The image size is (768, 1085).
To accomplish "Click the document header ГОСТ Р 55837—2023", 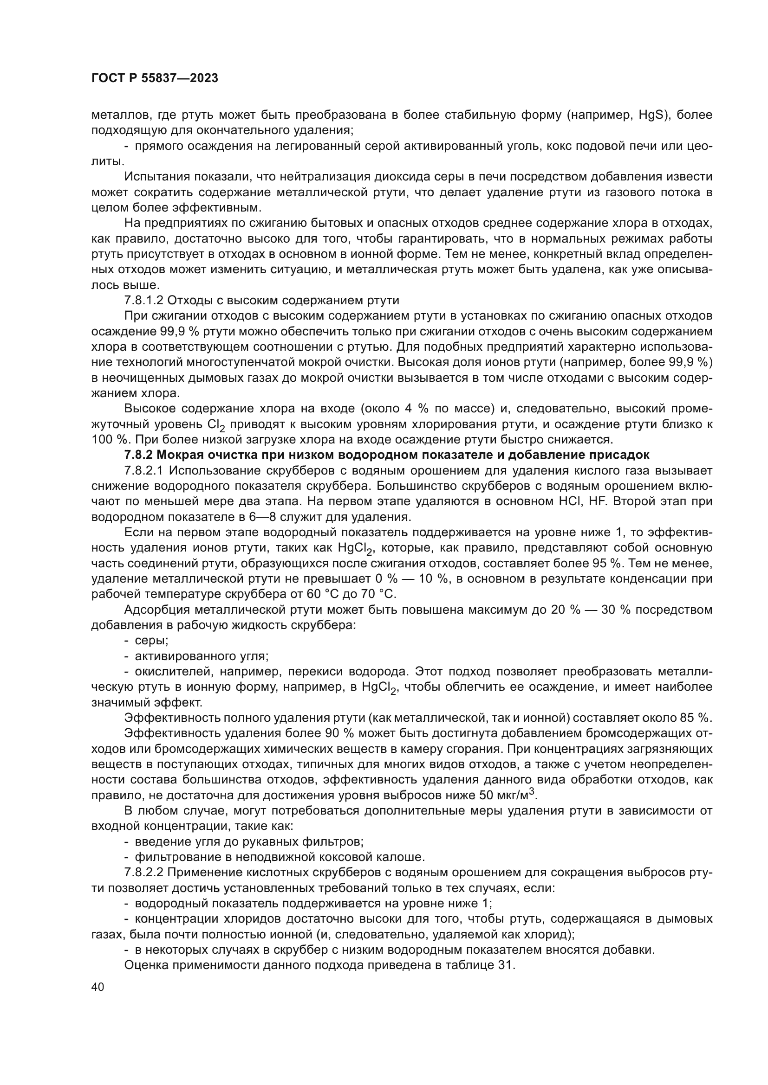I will [x=155, y=78].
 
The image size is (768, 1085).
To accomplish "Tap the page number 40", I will [x=98, y=986].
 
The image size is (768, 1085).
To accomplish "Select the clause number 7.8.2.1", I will [x=144, y=470].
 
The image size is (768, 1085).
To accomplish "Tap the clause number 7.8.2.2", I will [x=144, y=873].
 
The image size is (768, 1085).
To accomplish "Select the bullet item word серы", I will [x=151, y=640].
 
